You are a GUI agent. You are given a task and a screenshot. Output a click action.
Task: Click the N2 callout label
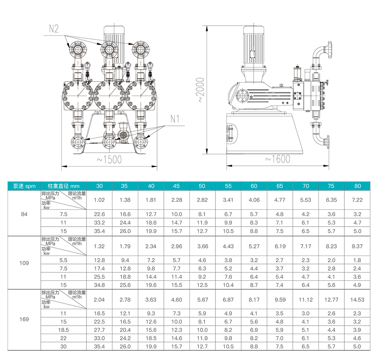[54, 29]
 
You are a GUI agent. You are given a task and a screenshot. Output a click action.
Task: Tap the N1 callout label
[175, 119]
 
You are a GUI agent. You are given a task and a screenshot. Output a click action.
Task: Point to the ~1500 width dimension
[109, 160]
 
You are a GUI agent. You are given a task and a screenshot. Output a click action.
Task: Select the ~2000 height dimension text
[200, 89]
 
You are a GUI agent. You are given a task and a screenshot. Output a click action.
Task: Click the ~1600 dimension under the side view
[278, 159]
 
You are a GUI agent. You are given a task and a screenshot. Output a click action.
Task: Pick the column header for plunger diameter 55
[228, 186]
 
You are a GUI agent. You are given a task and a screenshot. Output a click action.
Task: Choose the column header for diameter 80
[357, 186]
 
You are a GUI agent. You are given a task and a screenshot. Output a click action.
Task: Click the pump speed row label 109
[24, 263]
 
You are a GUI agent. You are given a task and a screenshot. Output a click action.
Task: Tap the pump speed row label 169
[24, 319]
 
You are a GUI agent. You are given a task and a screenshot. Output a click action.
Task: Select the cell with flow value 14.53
[357, 300]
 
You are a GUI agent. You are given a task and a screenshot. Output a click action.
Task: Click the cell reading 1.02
[99, 200]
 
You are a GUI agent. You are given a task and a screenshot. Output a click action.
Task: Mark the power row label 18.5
[63, 330]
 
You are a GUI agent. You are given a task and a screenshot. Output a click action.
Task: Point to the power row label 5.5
[63, 260]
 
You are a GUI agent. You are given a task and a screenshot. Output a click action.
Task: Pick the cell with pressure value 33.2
[99, 223]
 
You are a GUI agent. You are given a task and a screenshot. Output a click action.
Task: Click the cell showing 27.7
[99, 330]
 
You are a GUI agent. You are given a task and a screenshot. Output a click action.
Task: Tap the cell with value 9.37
[357, 246]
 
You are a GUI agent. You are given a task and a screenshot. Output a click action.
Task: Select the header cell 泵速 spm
[24, 186]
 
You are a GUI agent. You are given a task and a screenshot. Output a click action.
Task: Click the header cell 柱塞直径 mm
[64, 186]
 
